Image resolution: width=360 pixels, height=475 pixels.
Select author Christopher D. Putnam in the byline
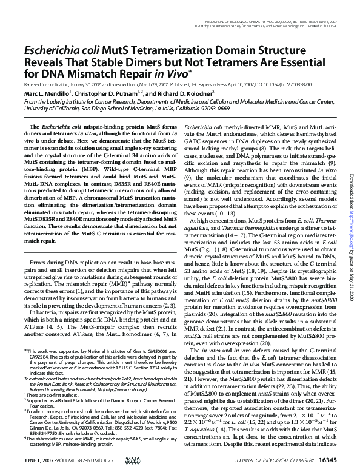point(108,93)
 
